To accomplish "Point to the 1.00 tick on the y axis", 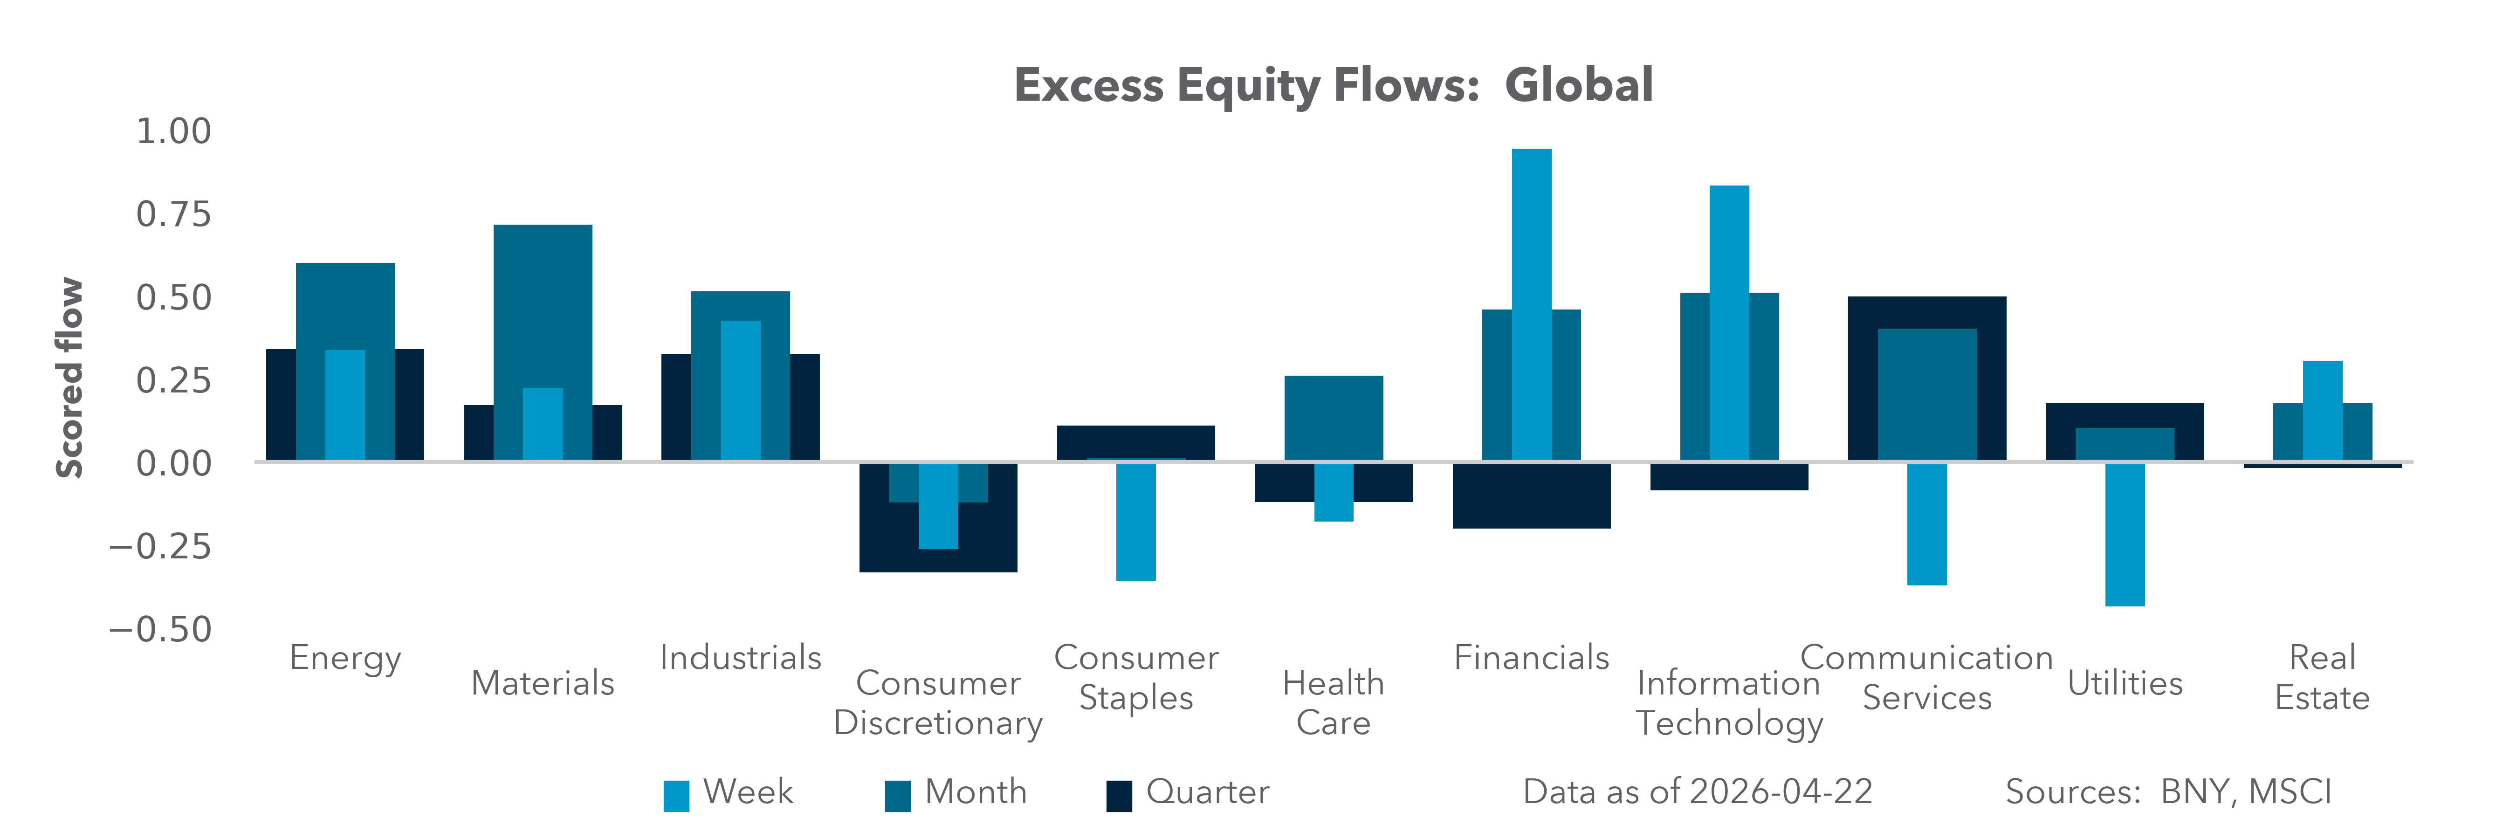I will (173, 131).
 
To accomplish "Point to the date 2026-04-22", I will (1780, 792).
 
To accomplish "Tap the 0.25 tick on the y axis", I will (173, 380).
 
